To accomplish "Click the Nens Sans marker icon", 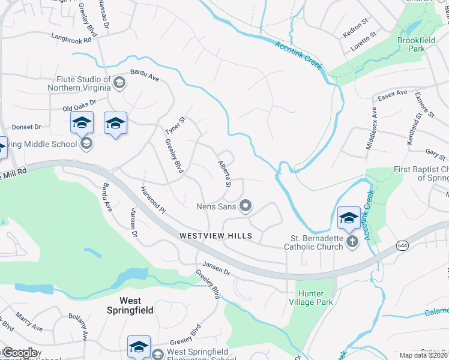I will [245, 206].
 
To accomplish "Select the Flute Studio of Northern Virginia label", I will [83, 83].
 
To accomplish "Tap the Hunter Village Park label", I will [315, 298].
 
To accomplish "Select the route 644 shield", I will [403, 245].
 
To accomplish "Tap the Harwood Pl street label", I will [152, 200].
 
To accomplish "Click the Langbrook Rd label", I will [74, 37].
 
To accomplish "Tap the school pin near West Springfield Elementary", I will [139, 347].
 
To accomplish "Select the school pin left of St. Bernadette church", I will [349, 219].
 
